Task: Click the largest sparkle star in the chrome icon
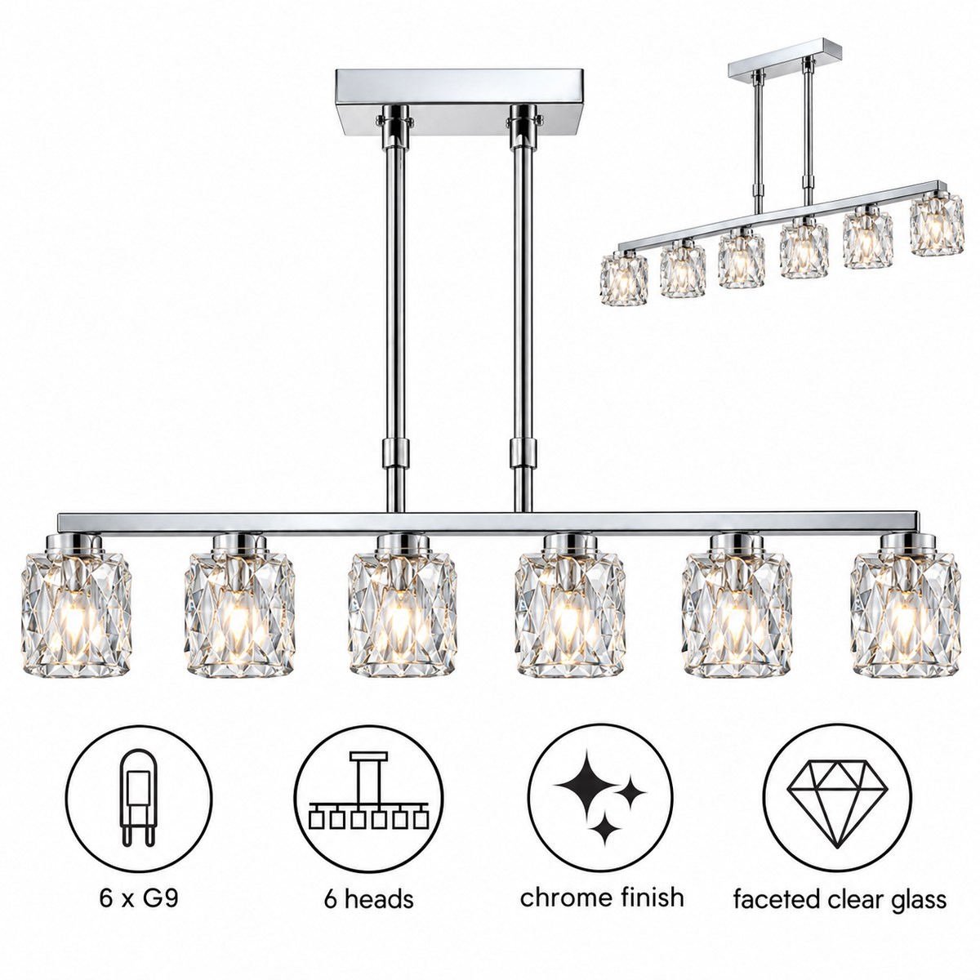point(586,786)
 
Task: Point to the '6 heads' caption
point(368,898)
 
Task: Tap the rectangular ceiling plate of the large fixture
point(459,109)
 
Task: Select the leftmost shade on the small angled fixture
point(624,279)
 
